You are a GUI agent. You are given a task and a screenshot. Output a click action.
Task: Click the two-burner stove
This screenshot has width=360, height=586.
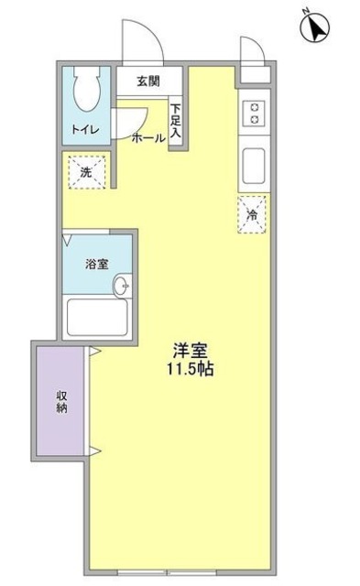pyautogui.click(x=254, y=114)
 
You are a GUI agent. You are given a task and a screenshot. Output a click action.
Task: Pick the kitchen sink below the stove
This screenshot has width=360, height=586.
pyautogui.click(x=254, y=167)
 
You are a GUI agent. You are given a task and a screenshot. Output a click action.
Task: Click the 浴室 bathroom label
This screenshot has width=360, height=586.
pyautogui.click(x=97, y=264)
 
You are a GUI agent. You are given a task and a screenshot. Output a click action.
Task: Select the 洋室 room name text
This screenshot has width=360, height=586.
pyautogui.click(x=192, y=350)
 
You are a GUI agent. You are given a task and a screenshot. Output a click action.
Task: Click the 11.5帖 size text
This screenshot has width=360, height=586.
pyautogui.click(x=192, y=372)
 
